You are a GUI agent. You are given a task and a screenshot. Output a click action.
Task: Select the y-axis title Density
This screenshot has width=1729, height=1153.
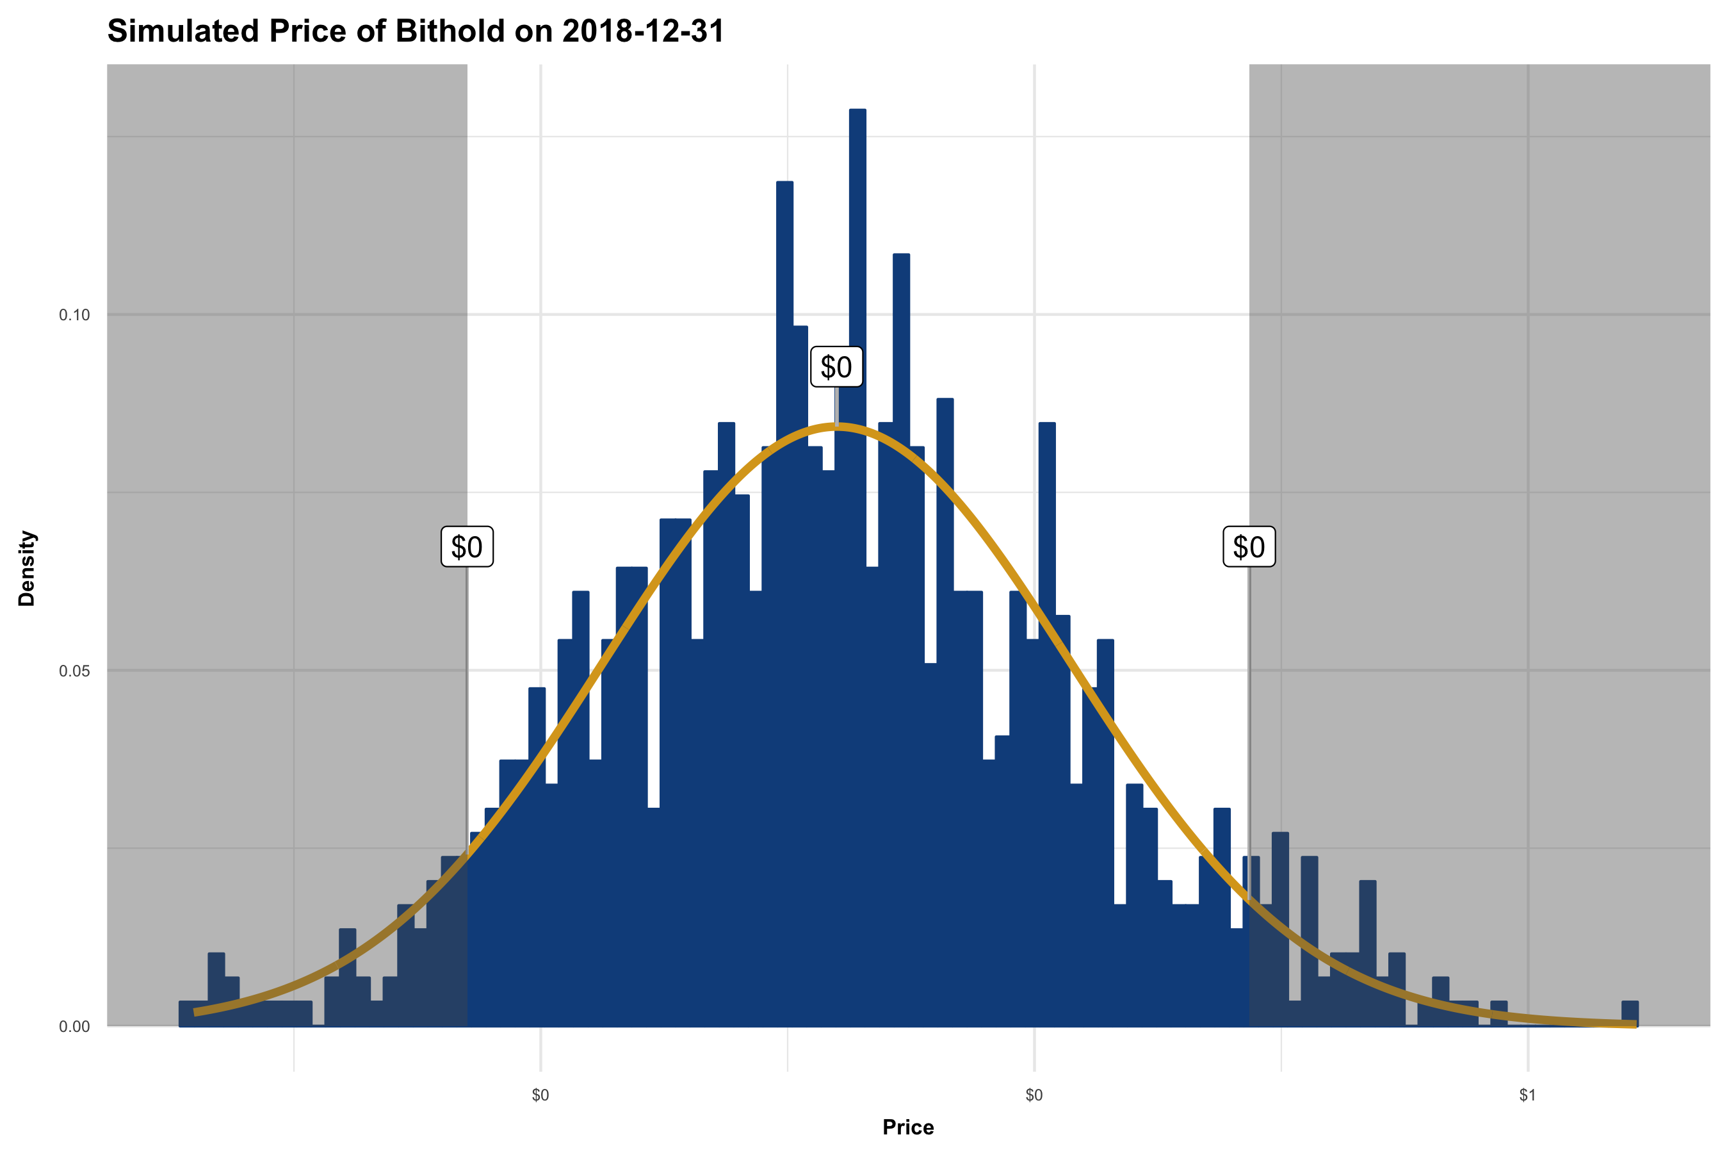tap(27, 568)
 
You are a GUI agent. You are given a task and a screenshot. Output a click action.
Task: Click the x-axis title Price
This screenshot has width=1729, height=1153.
tap(908, 1127)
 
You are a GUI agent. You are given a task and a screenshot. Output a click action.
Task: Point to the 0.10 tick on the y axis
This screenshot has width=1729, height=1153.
tap(74, 315)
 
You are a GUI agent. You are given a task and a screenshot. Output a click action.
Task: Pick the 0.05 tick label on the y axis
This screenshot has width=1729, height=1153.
tap(74, 671)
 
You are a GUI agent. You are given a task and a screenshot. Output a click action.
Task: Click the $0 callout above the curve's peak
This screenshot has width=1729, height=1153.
tap(836, 367)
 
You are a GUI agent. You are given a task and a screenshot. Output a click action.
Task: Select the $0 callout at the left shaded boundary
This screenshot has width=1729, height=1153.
tap(467, 547)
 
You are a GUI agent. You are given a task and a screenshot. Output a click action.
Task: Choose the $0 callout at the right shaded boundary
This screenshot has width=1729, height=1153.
tap(1249, 547)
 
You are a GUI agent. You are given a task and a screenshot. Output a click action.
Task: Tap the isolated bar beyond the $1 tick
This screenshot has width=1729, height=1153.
tap(1630, 1013)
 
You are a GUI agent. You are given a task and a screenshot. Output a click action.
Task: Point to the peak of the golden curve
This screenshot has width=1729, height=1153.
tap(836, 425)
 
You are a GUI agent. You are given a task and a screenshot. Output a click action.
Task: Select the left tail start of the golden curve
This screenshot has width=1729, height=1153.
tap(195, 1013)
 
